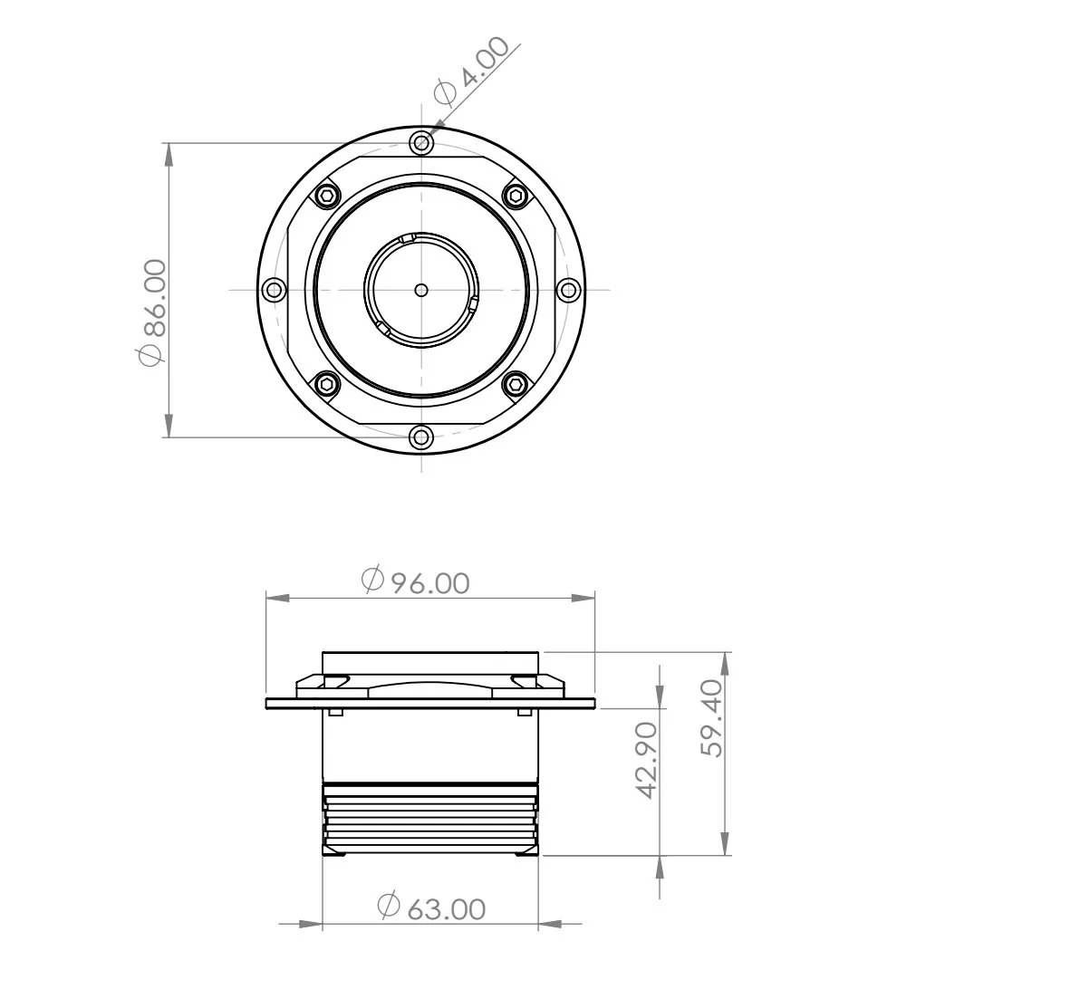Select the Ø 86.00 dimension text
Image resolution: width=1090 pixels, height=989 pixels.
tap(153, 312)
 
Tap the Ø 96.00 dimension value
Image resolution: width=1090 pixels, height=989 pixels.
tap(416, 581)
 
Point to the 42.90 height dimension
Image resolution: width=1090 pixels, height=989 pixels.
tap(645, 760)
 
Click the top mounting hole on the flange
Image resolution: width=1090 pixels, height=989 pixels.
tap(420, 142)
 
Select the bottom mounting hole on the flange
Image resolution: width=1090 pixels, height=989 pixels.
tap(420, 437)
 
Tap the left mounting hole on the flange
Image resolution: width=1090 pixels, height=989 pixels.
tap(273, 290)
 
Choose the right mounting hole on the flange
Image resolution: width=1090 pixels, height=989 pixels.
tap(568, 290)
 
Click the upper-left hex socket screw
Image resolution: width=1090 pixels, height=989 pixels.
tap(326, 196)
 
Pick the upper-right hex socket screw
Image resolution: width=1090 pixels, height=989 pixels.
tap(516, 196)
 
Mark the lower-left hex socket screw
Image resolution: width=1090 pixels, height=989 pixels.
tap(326, 385)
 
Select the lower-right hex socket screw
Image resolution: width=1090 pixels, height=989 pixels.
tap(516, 385)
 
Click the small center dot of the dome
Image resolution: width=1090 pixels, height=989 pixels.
tap(420, 290)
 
